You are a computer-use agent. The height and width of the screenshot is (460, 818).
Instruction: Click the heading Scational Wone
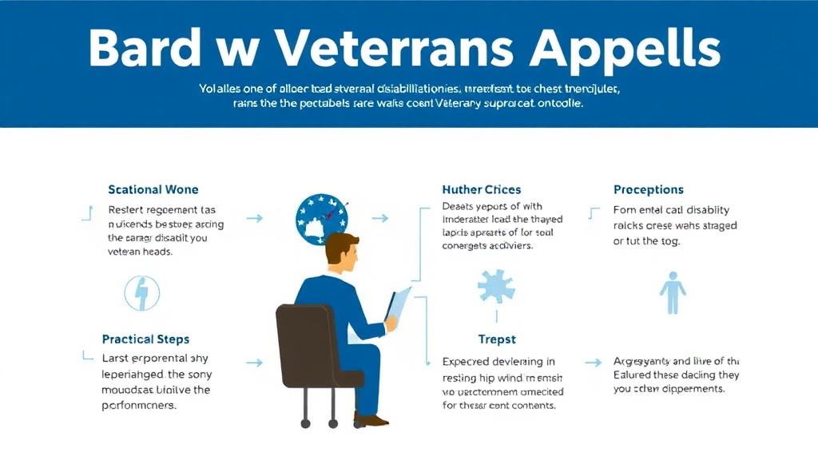pyautogui.click(x=153, y=189)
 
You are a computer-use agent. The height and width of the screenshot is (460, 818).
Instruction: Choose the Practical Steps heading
pyautogui.click(x=145, y=339)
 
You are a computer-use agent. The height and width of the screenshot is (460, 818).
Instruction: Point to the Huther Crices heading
pyautogui.click(x=481, y=189)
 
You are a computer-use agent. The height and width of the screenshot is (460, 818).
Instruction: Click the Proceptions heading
pyautogui.click(x=648, y=189)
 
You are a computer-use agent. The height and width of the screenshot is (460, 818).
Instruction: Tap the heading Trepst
pyautogui.click(x=496, y=339)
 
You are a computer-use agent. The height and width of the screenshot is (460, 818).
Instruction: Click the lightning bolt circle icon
pyautogui.click(x=141, y=293)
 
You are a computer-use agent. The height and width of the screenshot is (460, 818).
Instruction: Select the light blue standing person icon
pyautogui.click(x=672, y=292)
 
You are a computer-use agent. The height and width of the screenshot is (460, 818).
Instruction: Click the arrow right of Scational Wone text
pyautogui.click(x=255, y=217)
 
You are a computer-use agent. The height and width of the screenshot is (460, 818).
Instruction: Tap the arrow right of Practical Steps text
pyautogui.click(x=255, y=363)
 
